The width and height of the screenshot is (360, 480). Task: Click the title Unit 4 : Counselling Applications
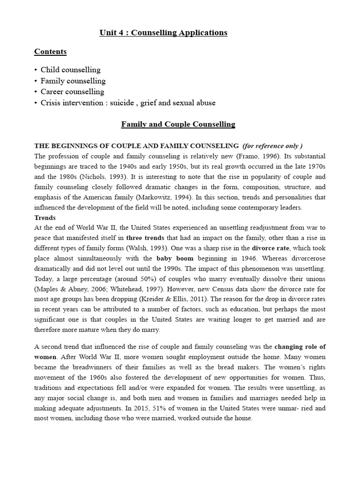(x=163, y=33)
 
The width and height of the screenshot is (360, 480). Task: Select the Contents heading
(x=51, y=52)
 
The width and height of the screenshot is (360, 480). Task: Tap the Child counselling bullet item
(x=70, y=70)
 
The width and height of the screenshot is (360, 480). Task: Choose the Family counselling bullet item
(x=73, y=81)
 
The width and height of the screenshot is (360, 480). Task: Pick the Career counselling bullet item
(x=72, y=91)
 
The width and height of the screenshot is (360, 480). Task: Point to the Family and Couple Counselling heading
(x=178, y=124)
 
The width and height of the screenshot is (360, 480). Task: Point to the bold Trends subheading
(x=45, y=218)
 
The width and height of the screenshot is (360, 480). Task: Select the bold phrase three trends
(x=145, y=238)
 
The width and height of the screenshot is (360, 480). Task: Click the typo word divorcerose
(x=304, y=259)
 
